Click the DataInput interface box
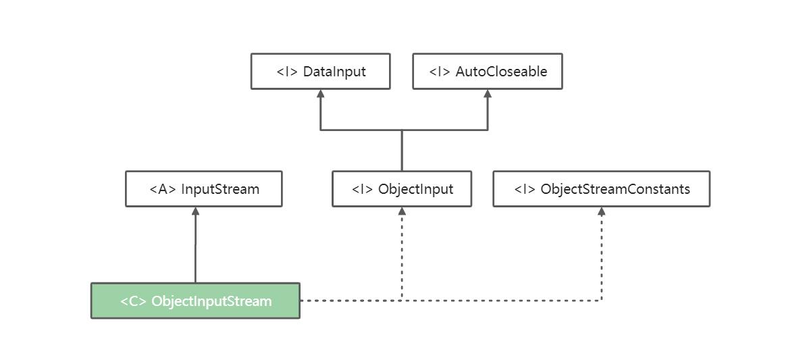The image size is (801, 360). [x=320, y=71]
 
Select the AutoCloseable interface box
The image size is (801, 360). [x=487, y=71]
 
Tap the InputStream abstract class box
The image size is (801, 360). [x=203, y=188]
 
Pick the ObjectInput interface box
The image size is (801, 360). [x=401, y=188]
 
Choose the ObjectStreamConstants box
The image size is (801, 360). [x=601, y=188]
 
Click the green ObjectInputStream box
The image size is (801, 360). [x=195, y=301]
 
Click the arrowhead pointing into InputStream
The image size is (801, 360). [x=195, y=211]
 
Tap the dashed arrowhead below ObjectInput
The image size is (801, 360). [x=402, y=211]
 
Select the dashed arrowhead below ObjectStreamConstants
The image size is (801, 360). [x=601, y=211]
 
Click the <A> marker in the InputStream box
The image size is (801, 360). [x=162, y=189]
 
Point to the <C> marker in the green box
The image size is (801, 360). [x=133, y=301]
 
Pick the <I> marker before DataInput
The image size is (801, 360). [x=287, y=72]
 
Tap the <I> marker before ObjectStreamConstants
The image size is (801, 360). [x=525, y=189]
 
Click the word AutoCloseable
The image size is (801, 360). [x=501, y=72]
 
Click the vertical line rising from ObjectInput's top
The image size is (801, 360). [x=402, y=151]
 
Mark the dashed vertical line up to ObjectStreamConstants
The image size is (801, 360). [x=601, y=257]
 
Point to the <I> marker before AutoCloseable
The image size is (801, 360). [x=440, y=72]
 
